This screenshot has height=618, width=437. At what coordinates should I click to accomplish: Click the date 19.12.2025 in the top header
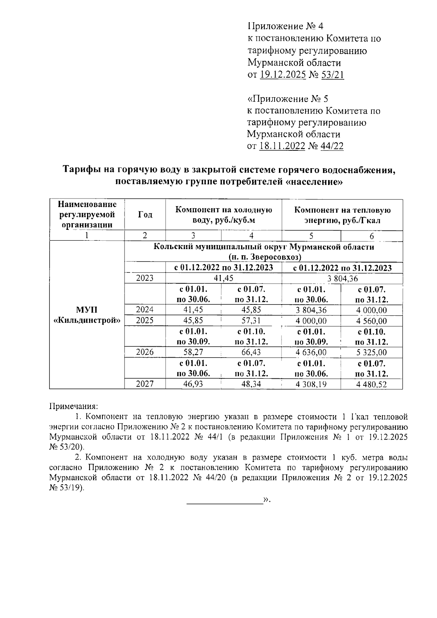pyautogui.click(x=283, y=75)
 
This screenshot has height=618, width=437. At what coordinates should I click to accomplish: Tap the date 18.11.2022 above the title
pyautogui.click(x=282, y=146)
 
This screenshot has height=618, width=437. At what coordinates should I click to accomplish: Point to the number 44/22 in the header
pyautogui.click(x=332, y=146)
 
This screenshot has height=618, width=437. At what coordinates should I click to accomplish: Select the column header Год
pyautogui.click(x=145, y=214)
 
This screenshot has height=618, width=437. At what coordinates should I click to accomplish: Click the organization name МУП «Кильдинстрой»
pyautogui.click(x=87, y=315)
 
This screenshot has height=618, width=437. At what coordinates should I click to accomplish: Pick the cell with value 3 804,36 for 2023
pyautogui.click(x=342, y=279)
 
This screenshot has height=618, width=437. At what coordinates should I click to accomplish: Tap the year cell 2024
pyautogui.click(x=145, y=310)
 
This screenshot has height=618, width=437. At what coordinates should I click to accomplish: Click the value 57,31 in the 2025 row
pyautogui.click(x=251, y=321)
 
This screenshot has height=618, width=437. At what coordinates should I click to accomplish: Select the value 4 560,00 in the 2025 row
pyautogui.click(x=371, y=321)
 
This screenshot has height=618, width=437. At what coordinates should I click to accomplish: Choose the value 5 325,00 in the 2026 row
pyautogui.click(x=371, y=353)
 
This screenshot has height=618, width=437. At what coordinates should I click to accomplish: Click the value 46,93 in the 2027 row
pyautogui.click(x=193, y=384)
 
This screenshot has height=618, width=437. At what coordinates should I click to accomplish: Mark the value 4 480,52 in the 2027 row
pyautogui.click(x=371, y=384)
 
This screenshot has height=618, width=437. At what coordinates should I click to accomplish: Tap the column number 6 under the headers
pyautogui.click(x=371, y=236)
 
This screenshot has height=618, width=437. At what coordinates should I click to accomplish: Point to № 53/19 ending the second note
pyautogui.click(x=66, y=488)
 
